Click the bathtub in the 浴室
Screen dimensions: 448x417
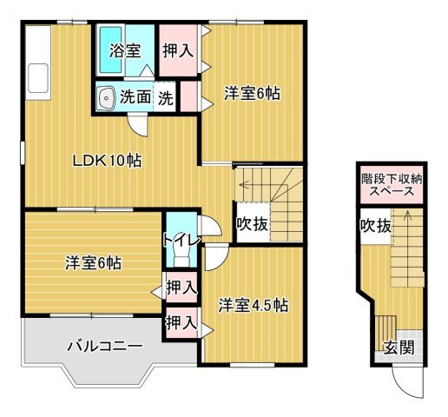110,50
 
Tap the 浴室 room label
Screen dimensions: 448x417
125,51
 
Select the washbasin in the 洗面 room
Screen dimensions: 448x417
106,98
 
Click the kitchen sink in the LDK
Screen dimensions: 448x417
38,78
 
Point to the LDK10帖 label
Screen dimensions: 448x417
107,161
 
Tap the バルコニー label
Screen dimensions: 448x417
105,346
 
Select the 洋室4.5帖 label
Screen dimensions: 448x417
254,306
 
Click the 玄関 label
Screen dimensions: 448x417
399,347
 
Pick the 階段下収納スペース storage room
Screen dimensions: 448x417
392,185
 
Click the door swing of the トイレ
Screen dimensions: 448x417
211,226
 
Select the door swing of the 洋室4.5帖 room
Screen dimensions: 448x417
216,258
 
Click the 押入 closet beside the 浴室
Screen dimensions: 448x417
178,50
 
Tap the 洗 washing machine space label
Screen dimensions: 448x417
165,98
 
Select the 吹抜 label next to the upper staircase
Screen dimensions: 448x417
252,223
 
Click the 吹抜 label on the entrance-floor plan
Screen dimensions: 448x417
375,225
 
